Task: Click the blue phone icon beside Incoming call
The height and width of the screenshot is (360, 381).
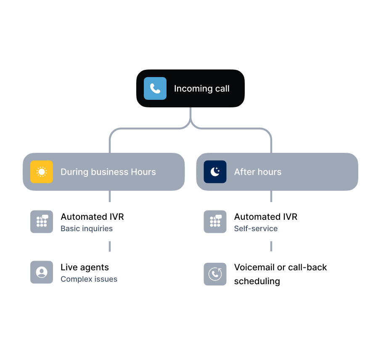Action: point(155,88)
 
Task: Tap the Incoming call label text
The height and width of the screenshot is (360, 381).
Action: point(202,88)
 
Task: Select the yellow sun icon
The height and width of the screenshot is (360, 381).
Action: point(42,172)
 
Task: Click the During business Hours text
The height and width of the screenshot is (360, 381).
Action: point(108,172)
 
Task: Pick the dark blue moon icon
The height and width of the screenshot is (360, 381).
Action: point(215,172)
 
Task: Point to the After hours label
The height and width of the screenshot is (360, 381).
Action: point(258,172)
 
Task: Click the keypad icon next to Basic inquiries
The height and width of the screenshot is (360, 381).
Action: point(42,221)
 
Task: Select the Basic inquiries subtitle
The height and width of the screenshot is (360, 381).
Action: point(87,229)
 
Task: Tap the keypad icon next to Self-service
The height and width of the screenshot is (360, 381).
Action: point(215,221)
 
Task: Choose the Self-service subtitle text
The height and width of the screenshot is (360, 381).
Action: point(256,229)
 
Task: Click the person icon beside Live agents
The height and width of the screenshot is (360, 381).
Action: point(42,272)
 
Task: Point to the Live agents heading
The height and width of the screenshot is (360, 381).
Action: point(85,267)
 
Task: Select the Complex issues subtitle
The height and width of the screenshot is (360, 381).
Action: point(89,279)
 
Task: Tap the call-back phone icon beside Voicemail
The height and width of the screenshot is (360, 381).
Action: point(215,274)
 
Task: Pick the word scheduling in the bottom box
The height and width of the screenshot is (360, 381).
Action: point(257,281)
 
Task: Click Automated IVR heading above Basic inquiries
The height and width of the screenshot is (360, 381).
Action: point(92,216)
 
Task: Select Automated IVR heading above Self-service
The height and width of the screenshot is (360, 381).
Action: point(266,216)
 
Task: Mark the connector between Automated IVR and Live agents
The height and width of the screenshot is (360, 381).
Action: point(110,247)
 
